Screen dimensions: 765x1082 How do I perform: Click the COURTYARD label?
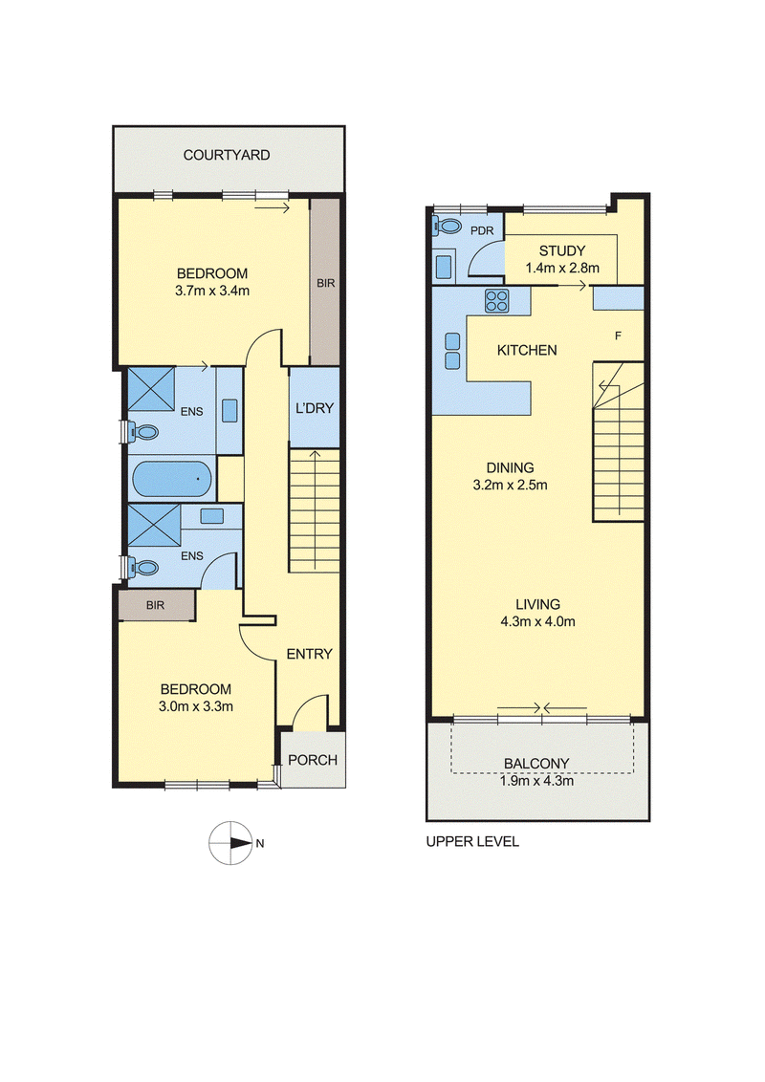pyautogui.click(x=227, y=155)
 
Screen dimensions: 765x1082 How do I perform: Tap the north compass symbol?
pyautogui.click(x=230, y=842)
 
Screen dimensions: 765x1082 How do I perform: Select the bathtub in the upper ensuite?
pyautogui.click(x=170, y=478)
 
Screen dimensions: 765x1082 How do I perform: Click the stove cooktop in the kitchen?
pyautogui.click(x=497, y=300)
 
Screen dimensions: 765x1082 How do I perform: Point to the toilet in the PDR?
pyautogui.click(x=448, y=227)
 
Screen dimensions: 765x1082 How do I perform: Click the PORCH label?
pyautogui.click(x=313, y=760)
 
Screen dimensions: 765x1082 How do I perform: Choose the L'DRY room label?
pyautogui.click(x=315, y=408)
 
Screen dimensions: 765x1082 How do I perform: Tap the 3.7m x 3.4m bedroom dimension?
pyautogui.click(x=212, y=291)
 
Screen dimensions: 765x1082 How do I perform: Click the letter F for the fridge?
pyautogui.click(x=618, y=335)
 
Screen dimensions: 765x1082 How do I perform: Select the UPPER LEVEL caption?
pyautogui.click(x=472, y=841)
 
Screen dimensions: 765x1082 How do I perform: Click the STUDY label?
pyautogui.click(x=562, y=250)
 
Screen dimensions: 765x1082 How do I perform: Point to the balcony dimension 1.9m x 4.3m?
pyautogui.click(x=536, y=781)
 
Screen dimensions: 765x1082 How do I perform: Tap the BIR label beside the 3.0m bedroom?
pyautogui.click(x=155, y=605)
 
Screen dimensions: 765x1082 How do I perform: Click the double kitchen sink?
pyautogui.click(x=452, y=351)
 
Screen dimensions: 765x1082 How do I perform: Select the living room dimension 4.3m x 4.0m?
pyautogui.click(x=537, y=621)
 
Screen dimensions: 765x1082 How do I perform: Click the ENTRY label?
pyautogui.click(x=309, y=654)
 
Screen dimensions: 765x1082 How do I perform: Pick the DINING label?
pyautogui.click(x=511, y=467)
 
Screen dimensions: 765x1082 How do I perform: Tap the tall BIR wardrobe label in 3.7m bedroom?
pyautogui.click(x=326, y=283)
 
